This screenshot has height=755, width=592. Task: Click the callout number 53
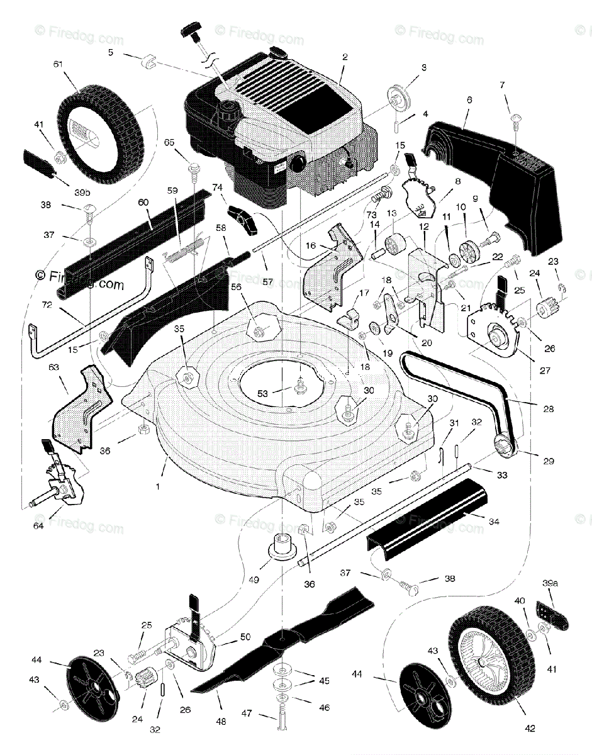tap(263, 393)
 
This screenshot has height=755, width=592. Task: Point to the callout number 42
tap(530, 729)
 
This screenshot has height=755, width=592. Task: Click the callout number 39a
tap(550, 584)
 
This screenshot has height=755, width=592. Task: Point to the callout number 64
tap(38, 525)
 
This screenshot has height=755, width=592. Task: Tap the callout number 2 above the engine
tap(345, 57)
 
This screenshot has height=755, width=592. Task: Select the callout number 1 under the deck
tap(158, 486)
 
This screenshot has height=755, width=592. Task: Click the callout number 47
tap(247, 713)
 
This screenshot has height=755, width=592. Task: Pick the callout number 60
tap(143, 203)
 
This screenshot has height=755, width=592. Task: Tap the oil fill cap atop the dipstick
tap(192, 29)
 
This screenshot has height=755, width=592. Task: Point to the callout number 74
tap(218, 187)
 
